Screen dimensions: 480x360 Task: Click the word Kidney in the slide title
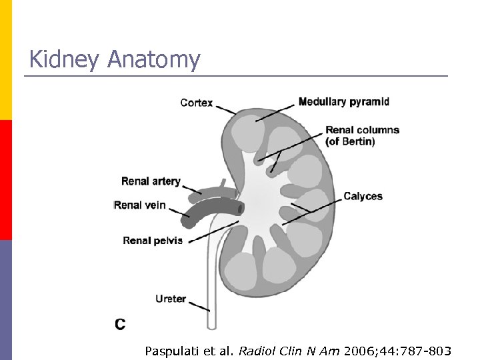click(64, 60)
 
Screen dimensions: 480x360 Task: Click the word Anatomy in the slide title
click(153, 60)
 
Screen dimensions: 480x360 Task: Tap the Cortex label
click(197, 103)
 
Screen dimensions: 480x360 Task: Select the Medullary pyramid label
click(343, 102)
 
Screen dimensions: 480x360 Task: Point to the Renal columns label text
click(362, 130)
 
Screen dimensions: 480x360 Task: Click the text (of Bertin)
click(350, 141)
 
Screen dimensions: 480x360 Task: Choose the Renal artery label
click(151, 181)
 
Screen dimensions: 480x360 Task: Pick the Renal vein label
click(139, 205)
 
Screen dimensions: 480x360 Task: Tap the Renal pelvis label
click(153, 241)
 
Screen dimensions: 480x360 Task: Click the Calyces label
click(363, 196)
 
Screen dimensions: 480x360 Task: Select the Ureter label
click(171, 299)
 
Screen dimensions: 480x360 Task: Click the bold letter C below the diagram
click(120, 325)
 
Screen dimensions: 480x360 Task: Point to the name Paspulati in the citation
click(169, 351)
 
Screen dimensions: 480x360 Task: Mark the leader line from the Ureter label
click(199, 306)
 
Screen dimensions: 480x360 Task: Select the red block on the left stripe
click(6, 180)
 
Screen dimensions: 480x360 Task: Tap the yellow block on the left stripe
click(6, 60)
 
